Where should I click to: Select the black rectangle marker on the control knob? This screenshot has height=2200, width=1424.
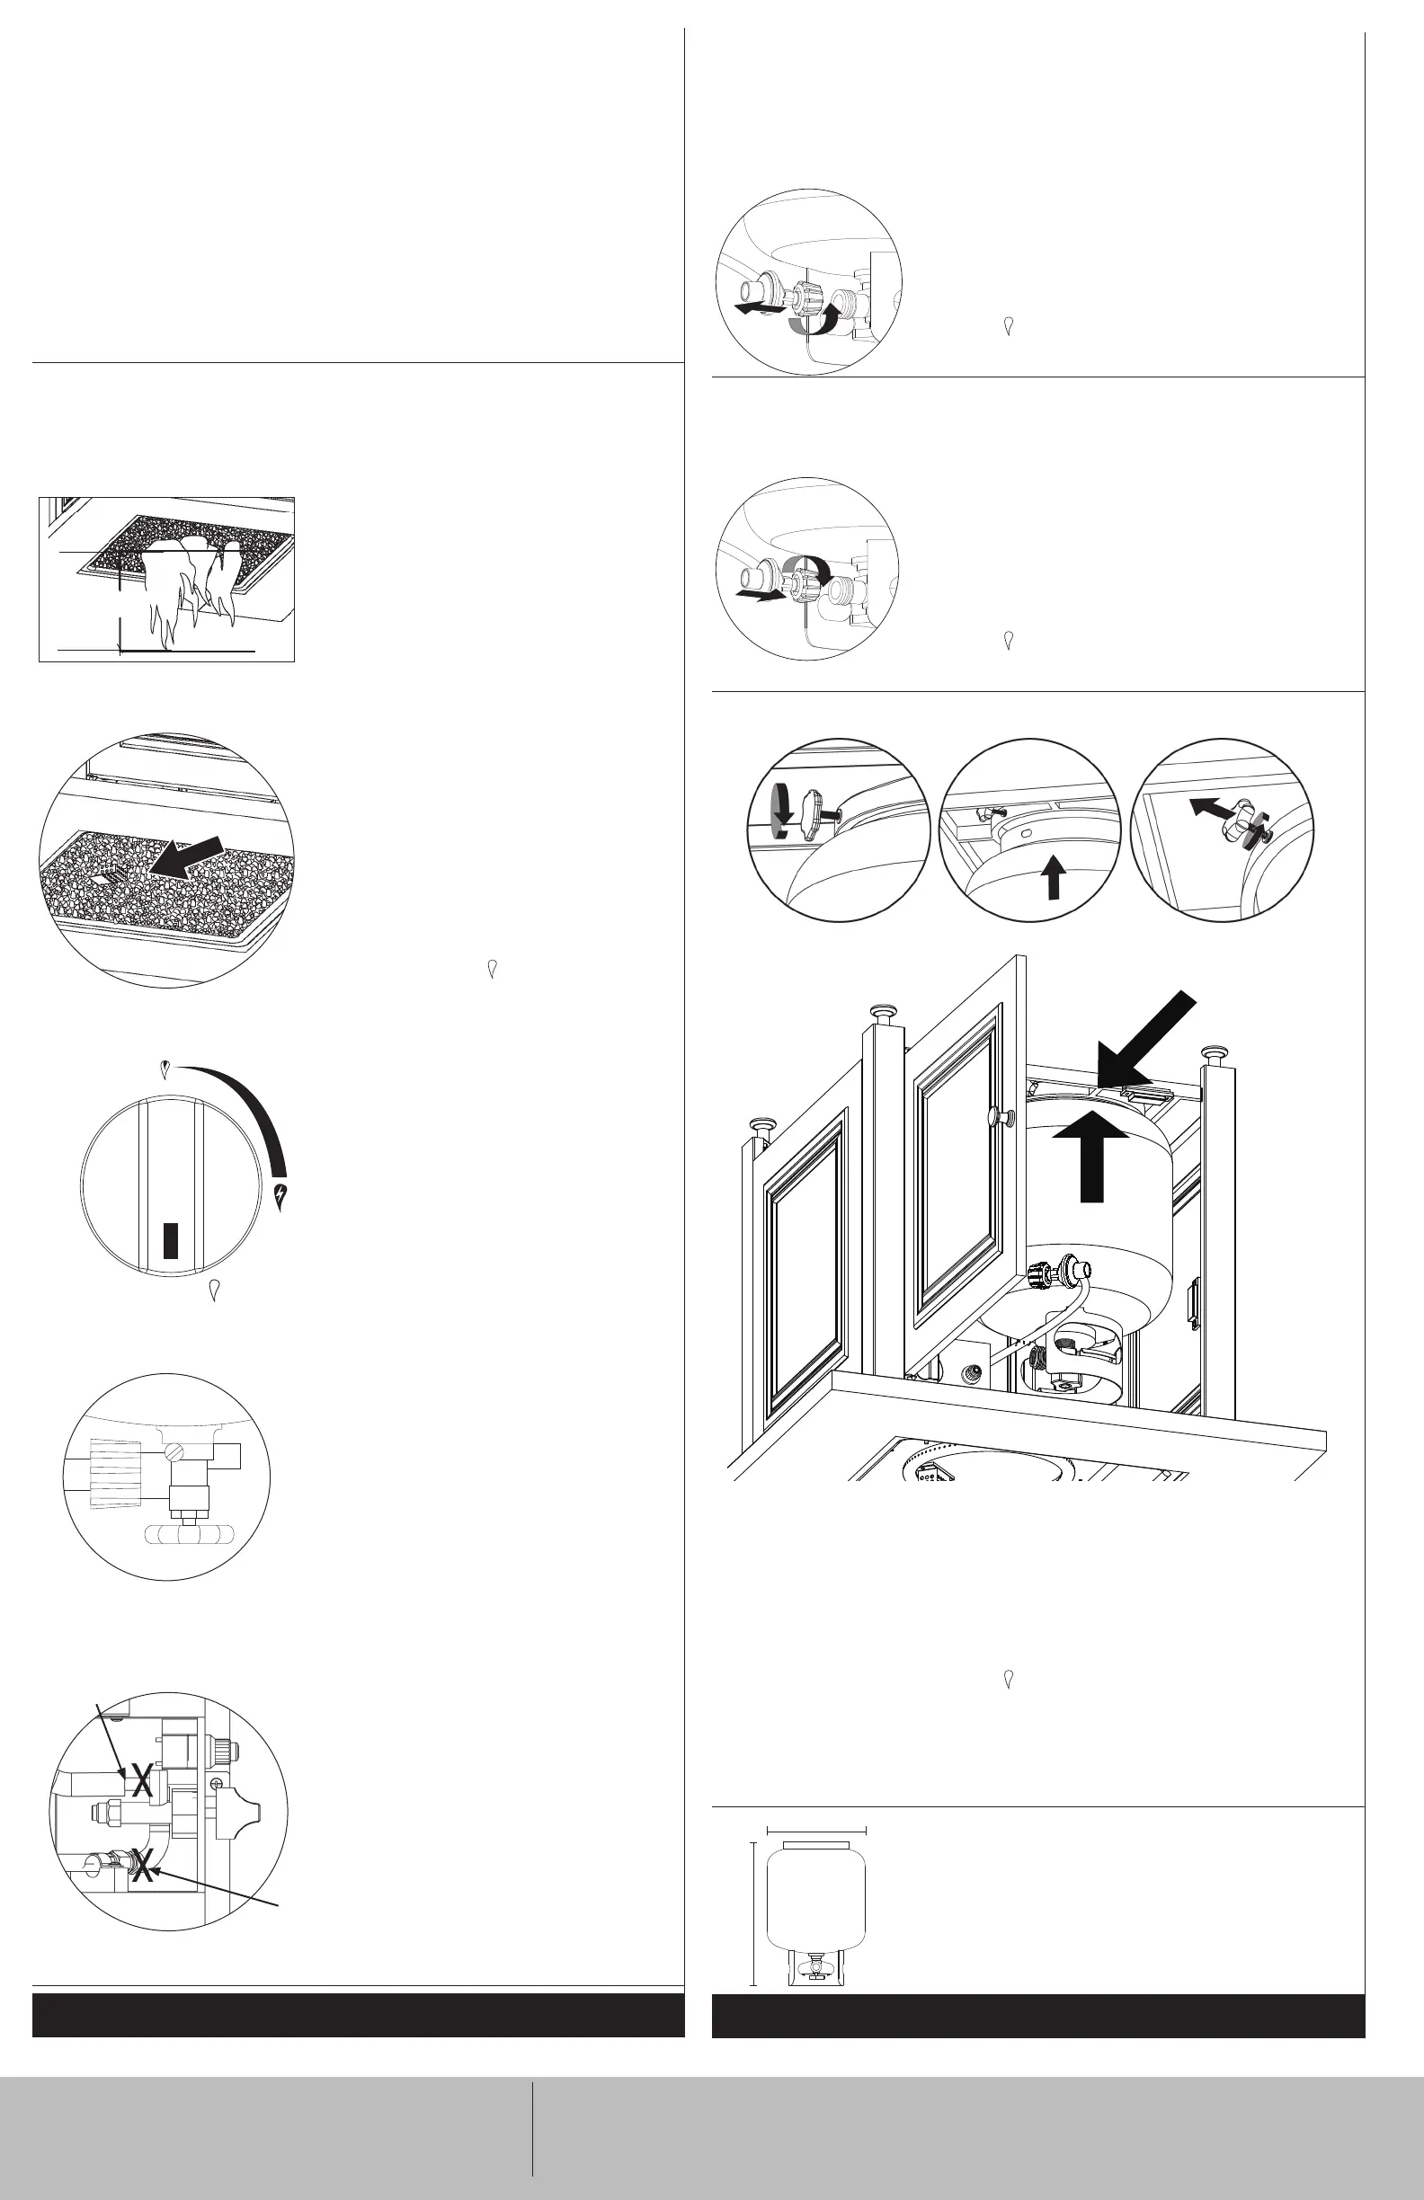[170, 1238]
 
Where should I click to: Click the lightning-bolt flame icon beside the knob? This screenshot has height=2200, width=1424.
[281, 1195]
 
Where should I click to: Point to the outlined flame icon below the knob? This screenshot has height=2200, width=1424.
[215, 1290]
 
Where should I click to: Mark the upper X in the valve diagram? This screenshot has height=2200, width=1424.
[141, 1779]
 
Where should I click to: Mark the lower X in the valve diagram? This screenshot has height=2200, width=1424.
[141, 1865]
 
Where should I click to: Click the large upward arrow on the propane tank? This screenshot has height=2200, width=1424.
[1092, 1160]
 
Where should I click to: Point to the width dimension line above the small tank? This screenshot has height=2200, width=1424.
[816, 1830]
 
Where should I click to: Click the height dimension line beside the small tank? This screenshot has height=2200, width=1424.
[753, 1912]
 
